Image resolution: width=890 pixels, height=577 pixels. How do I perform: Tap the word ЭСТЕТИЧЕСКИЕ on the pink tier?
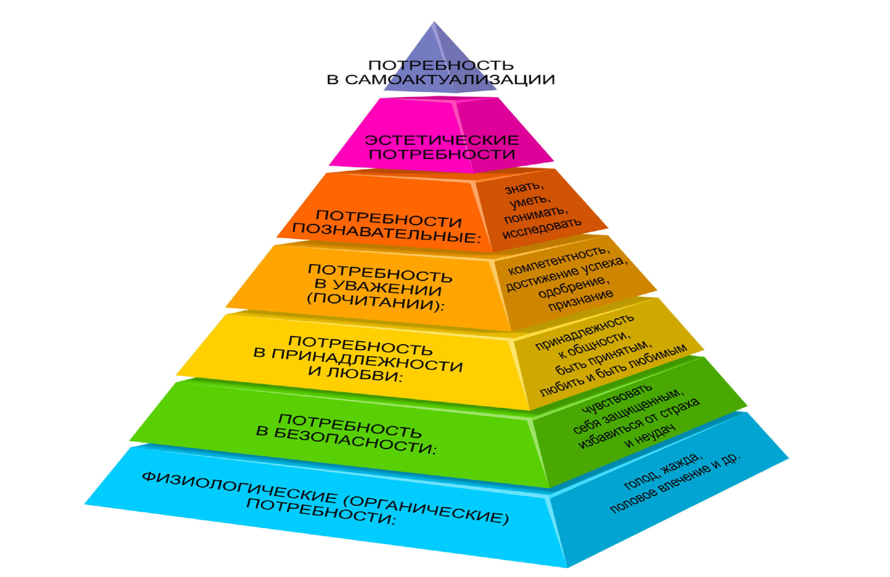point(442,139)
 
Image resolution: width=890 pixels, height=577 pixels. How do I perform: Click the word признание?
point(582,298)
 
